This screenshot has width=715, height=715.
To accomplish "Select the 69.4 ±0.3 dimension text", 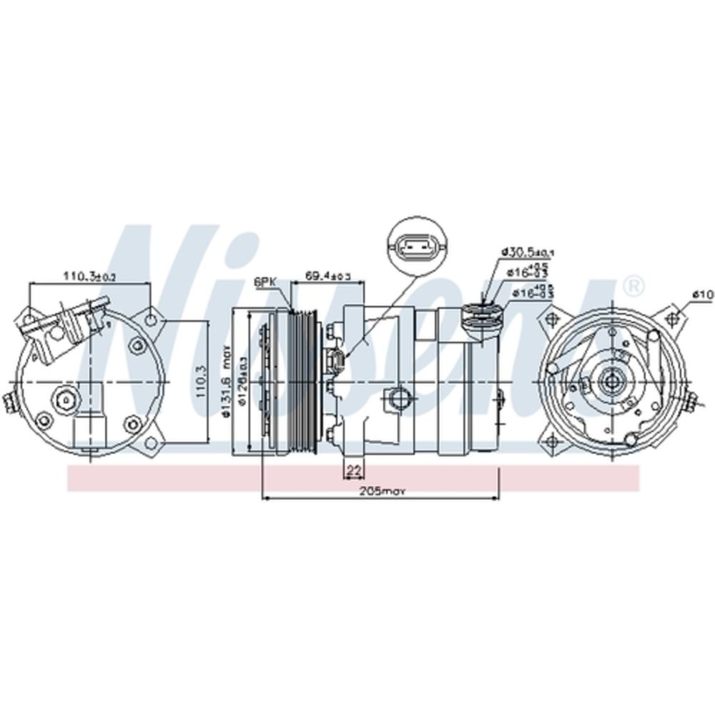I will click(327, 275).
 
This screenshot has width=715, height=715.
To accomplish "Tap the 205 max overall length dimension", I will click(383, 490).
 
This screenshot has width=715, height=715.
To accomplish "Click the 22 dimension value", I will click(352, 470).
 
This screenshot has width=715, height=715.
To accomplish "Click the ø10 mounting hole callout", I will click(704, 294).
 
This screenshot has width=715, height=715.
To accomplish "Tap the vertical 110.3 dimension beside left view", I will click(202, 381).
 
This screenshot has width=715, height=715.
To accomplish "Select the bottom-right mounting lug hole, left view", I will click(150, 444).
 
